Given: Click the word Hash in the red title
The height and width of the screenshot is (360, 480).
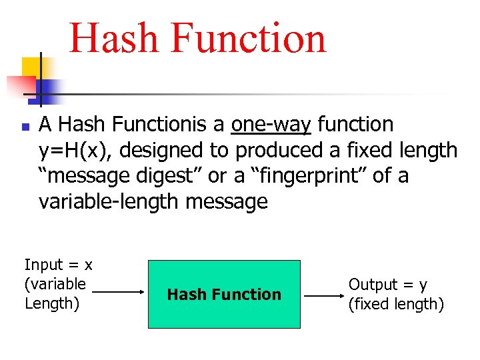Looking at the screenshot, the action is coord(114,38).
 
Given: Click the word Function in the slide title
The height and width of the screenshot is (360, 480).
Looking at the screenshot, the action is coord(248,38).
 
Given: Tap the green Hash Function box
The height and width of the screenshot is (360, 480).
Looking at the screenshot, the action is coord(224,294).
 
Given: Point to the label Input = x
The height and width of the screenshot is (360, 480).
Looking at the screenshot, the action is coord(59,265).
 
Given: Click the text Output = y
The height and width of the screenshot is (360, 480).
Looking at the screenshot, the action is coord(388,285).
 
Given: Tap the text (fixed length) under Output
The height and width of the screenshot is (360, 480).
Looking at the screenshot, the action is coord(396,304).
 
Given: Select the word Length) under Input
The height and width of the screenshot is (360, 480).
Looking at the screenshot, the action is coord(52,303).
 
